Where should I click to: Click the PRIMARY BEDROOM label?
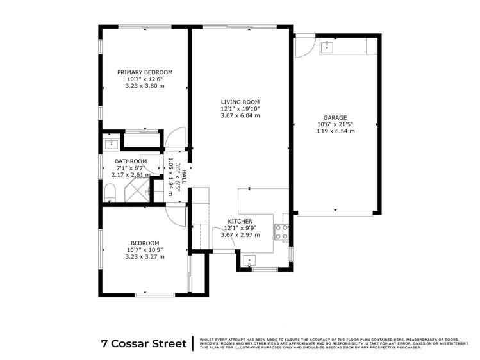pos(145,72)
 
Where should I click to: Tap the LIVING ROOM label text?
pos(240,102)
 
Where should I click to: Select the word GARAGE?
pos(335,118)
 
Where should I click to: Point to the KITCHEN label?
pos(240,222)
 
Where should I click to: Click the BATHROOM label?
pos(131,161)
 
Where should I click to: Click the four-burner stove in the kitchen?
pos(281,232)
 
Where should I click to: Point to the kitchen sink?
pos(250,261)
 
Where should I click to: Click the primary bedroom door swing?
pos(176,136)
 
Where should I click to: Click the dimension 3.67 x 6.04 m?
pos(240,116)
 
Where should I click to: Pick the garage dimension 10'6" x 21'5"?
pos(335,124)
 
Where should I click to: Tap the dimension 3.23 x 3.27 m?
pos(145,257)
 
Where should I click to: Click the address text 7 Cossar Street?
pos(144,343)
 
